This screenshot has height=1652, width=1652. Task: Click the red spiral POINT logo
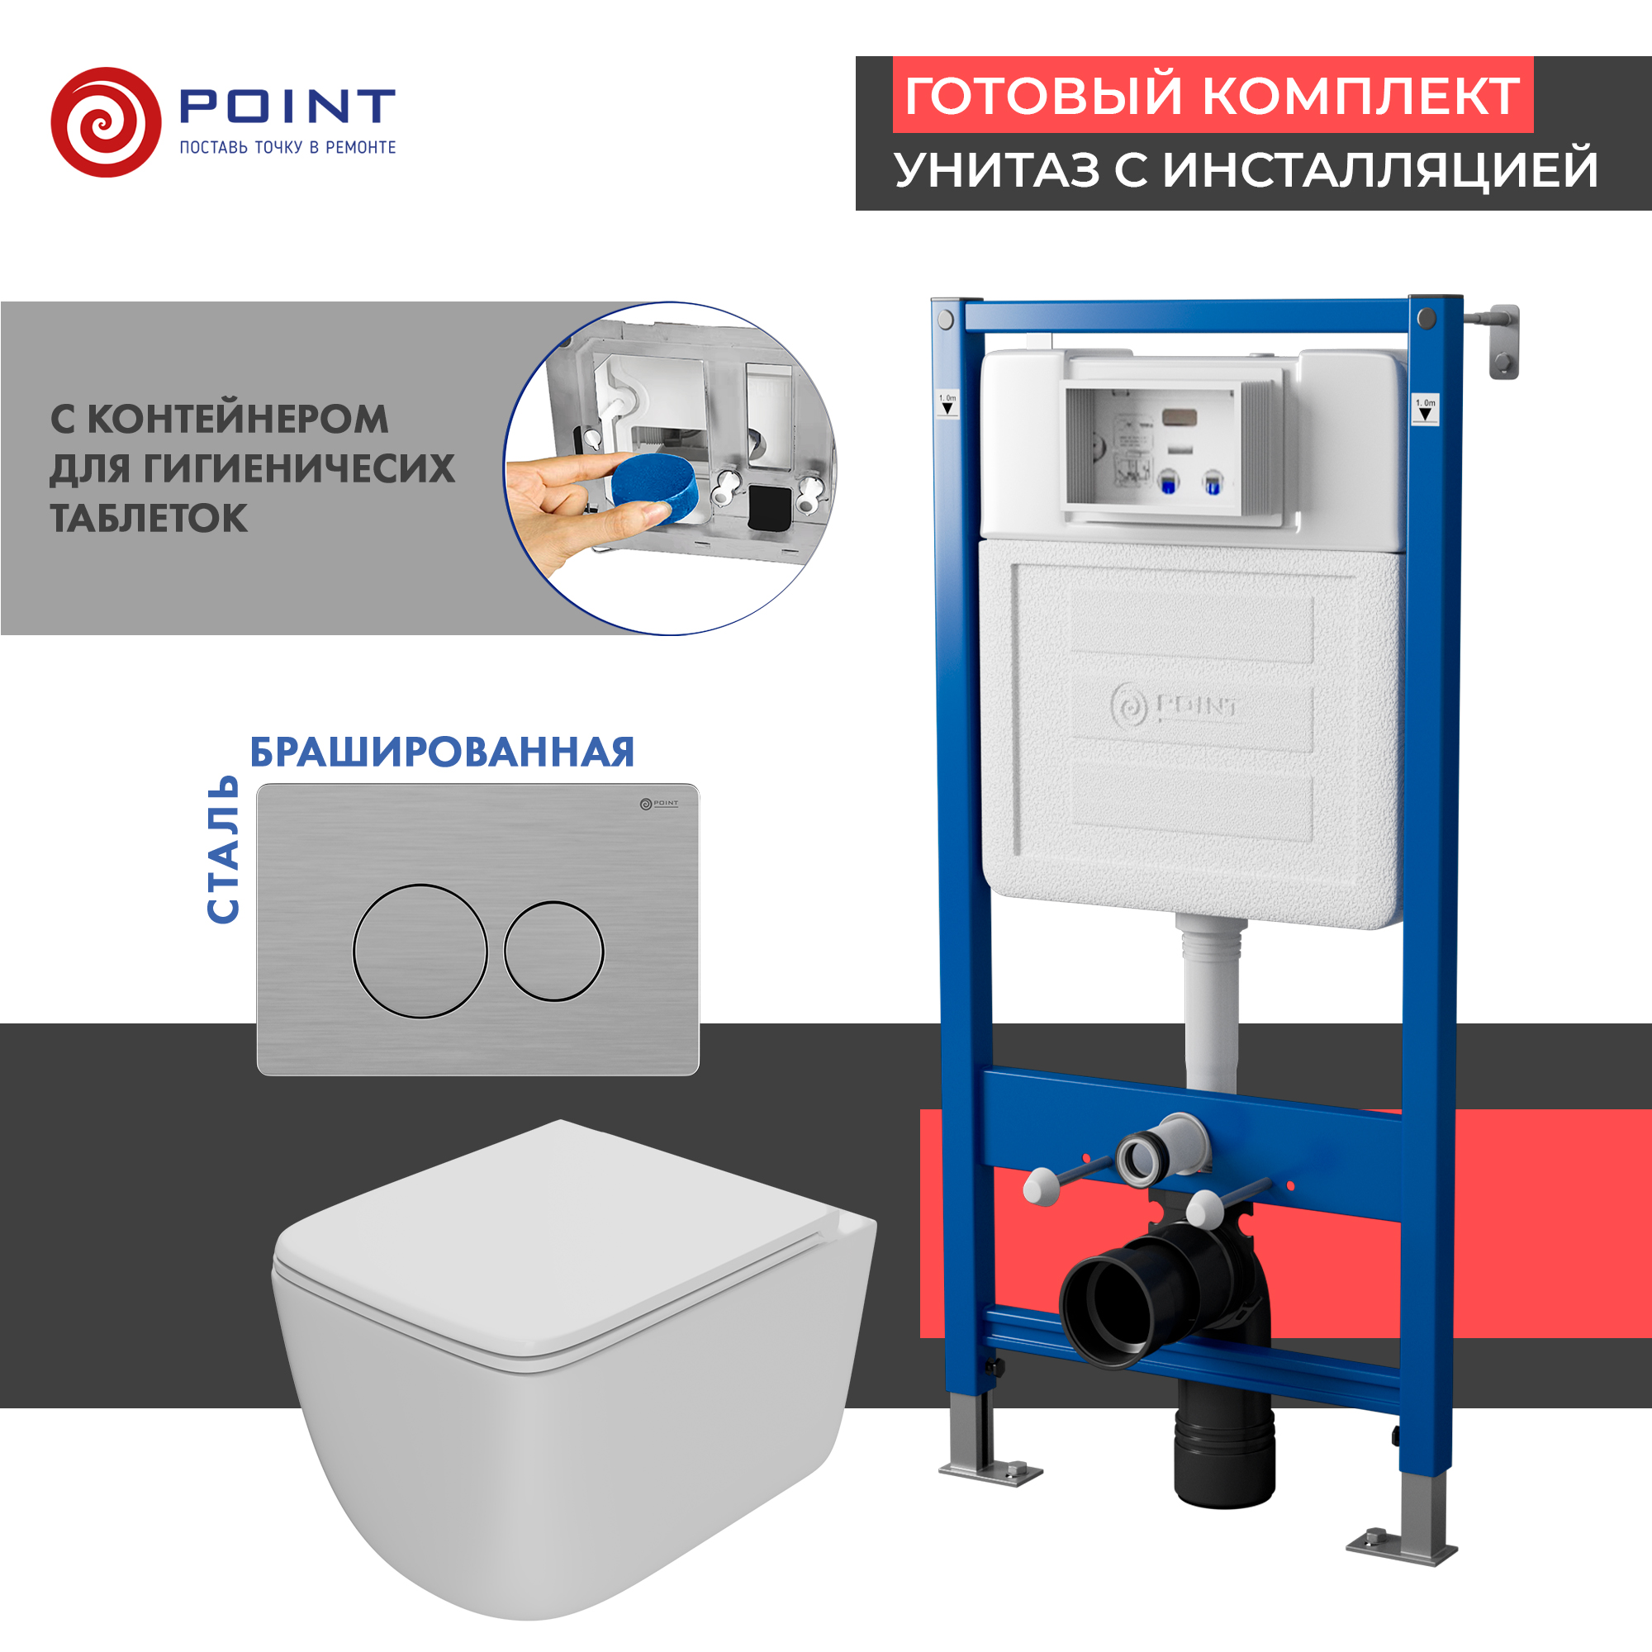point(106,122)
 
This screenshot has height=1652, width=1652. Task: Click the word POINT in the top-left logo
point(287,106)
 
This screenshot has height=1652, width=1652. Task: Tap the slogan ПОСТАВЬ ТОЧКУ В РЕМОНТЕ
point(287,148)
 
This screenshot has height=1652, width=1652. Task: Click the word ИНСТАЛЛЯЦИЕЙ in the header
point(1380,169)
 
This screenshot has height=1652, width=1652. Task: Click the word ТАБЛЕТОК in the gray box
point(149,519)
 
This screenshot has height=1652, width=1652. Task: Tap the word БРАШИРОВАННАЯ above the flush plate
point(442,752)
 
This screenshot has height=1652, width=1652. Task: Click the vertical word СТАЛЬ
point(223,849)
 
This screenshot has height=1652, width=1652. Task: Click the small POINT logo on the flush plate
point(658,804)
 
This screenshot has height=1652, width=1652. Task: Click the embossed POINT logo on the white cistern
point(1173,706)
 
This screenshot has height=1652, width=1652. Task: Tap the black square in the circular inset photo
point(769,508)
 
